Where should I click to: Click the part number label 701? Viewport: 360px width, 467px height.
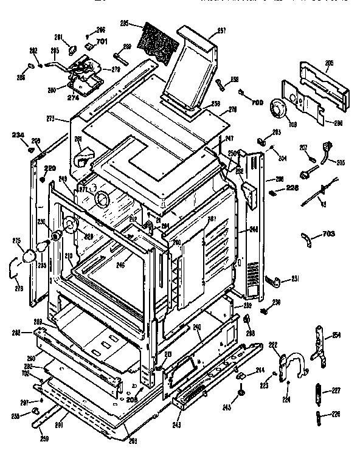[x=101, y=42]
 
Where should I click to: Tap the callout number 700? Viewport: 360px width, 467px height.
[x=258, y=102]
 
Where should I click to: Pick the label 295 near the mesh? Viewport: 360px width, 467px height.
[x=125, y=24]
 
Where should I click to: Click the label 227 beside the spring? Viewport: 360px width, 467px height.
[x=336, y=390]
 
